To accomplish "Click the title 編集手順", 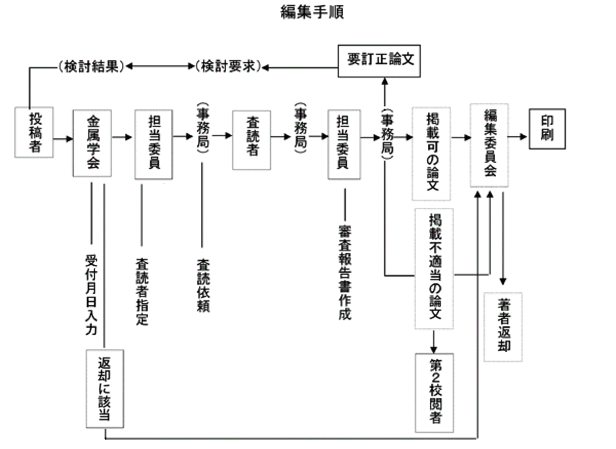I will pos(312,12).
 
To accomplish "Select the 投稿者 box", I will pos(34,133).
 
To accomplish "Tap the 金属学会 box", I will pos(92,143).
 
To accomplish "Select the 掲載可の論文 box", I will pos(431,153).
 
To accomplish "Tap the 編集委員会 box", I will pos(490,145).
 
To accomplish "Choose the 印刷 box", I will pos(547,128).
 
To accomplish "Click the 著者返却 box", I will pos(503,327).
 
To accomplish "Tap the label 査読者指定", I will pos(142,291).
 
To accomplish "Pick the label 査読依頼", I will pos(202,285).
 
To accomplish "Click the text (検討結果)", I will pos(91,67).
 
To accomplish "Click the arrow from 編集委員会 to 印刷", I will pos(518,137).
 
